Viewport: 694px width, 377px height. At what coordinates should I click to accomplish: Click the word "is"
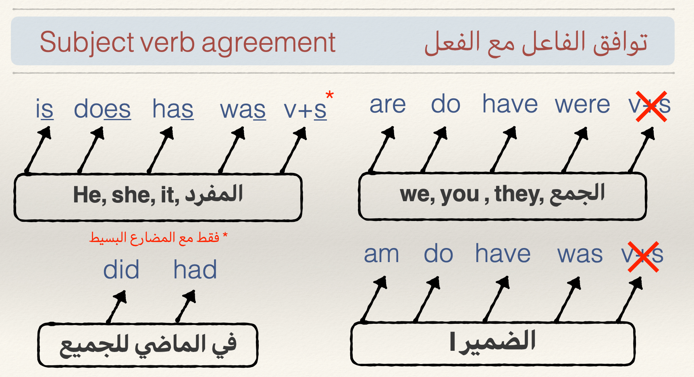[44, 109]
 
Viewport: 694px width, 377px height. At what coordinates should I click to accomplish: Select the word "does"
[102, 109]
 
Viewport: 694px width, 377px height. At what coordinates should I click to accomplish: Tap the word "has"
[173, 109]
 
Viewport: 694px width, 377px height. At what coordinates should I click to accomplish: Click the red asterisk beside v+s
[330, 96]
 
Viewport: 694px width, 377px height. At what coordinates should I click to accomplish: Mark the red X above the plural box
[651, 106]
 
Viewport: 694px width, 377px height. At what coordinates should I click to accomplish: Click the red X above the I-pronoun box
[644, 257]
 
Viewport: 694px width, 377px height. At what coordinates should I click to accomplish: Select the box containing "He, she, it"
[158, 197]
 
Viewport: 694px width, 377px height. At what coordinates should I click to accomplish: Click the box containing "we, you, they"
[503, 196]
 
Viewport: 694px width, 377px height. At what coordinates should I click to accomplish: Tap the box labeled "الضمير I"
[493, 344]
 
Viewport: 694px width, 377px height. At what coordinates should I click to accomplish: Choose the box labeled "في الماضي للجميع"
[148, 345]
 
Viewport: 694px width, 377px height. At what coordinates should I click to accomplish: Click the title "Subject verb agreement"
[187, 42]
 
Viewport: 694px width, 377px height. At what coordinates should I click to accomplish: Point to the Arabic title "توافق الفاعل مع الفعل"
[536, 42]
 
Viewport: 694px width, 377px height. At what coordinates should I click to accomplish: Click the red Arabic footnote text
[158, 237]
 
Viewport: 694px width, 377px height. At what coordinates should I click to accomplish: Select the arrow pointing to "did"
[116, 307]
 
